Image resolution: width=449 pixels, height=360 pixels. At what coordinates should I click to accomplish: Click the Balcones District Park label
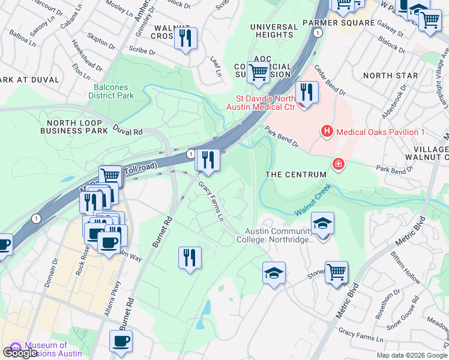click(x=111, y=90)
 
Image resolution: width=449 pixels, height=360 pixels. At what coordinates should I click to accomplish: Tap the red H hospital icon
click(x=327, y=131)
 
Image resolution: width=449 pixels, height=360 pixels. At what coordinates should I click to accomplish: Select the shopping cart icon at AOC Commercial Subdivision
click(x=258, y=72)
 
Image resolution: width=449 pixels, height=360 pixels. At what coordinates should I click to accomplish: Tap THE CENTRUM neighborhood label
click(x=296, y=174)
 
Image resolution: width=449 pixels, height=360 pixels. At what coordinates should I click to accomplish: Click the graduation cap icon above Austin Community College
click(x=322, y=224)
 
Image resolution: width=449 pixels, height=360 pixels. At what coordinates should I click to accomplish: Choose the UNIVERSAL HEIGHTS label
click(x=274, y=31)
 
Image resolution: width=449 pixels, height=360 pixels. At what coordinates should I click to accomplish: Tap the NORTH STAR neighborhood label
click(x=390, y=76)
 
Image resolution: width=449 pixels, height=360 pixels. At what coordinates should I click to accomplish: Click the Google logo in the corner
click(x=20, y=353)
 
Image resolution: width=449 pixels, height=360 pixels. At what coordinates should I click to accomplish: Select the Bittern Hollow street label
click(x=423, y=251)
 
